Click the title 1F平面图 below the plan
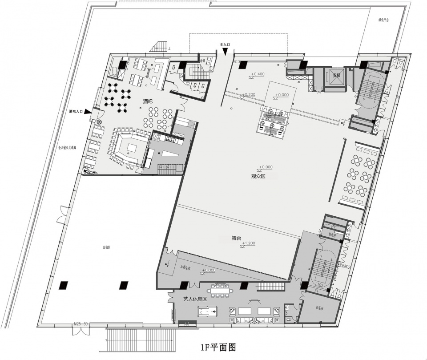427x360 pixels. click(218, 346)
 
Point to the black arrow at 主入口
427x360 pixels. click(226, 52)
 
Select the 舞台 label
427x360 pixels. click(236, 238)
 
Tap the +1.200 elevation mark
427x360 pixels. click(250, 243)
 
